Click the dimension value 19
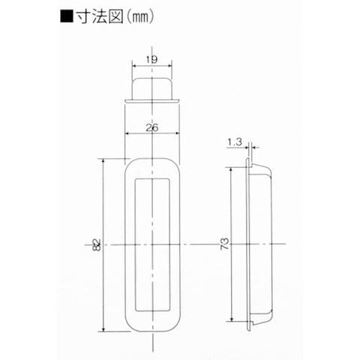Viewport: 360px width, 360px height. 151,59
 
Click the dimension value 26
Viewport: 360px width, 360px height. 152,127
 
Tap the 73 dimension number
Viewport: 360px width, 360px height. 225,244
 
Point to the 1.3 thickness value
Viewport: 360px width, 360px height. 235,142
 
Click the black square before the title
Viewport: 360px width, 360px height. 67,16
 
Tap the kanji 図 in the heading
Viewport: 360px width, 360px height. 115,16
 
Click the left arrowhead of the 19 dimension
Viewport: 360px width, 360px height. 133,66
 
